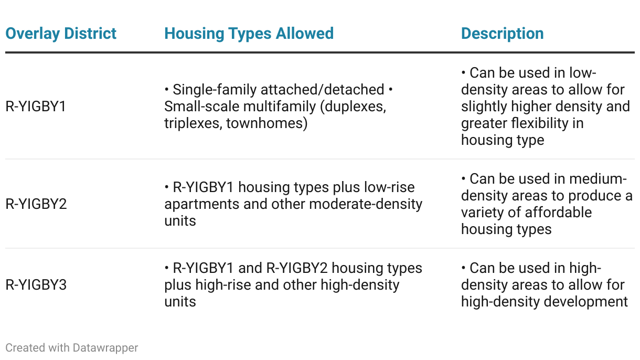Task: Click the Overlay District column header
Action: pyautogui.click(x=61, y=34)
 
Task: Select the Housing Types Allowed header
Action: pyautogui.click(x=249, y=34)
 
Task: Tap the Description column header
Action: pyautogui.click(x=502, y=34)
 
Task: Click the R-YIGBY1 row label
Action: pyautogui.click(x=36, y=107)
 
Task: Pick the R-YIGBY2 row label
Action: pyautogui.click(x=36, y=204)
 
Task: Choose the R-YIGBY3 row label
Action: pyautogui.click(x=36, y=285)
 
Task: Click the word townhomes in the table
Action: pyautogui.click(x=267, y=123)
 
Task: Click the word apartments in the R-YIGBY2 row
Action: pyautogui.click(x=202, y=205)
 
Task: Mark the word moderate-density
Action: pyautogui.click(x=366, y=205)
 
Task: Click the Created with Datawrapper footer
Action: pyautogui.click(x=72, y=348)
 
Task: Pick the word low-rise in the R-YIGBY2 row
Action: pyautogui.click(x=389, y=188)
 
